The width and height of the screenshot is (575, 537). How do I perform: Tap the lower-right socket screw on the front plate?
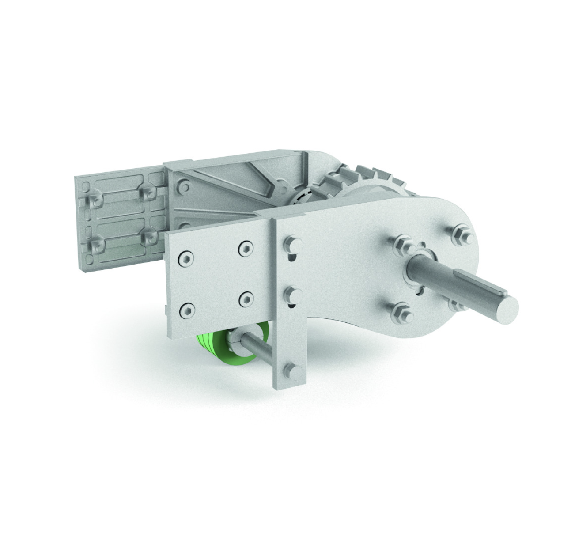click(x=246, y=300)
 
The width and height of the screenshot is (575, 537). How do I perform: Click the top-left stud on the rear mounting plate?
click(x=94, y=200)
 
